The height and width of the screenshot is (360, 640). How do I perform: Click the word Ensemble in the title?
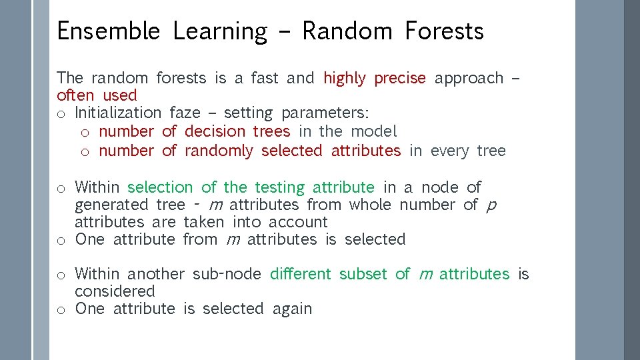pos(108,31)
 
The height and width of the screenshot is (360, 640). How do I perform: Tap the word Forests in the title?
pos(444,31)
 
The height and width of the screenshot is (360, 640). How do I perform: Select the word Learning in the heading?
pos(220,31)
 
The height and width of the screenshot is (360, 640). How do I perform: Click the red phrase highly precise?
pos(374,78)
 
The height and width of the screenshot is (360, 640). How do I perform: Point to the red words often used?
pos(97,95)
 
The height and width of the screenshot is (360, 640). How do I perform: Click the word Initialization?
pos(118,113)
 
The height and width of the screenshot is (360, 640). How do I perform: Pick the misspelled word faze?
pos(185,113)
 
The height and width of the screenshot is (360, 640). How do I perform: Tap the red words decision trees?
pos(237,131)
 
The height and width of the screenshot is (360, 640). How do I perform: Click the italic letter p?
pos(491,205)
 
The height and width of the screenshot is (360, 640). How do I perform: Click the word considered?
pos(115,291)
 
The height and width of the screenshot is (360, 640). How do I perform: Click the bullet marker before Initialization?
pos(61,114)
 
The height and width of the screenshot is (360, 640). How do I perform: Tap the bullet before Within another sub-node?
pos(61,275)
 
